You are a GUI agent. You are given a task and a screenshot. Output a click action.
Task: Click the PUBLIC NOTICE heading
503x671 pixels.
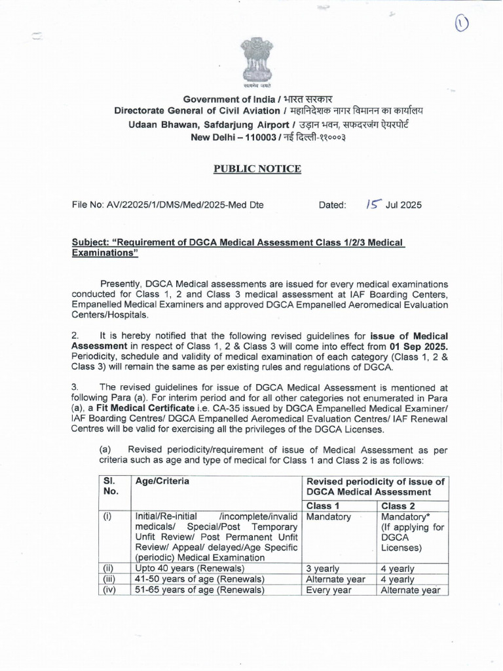click(x=258, y=169)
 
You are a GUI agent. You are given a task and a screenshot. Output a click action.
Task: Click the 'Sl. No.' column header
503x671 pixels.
click(x=111, y=486)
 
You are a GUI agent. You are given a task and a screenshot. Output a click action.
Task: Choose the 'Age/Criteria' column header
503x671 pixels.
click(x=162, y=481)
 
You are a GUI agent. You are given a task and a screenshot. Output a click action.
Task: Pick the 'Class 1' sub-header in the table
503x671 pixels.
click(x=322, y=505)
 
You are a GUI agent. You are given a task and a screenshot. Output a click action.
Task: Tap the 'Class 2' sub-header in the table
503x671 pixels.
click(x=398, y=505)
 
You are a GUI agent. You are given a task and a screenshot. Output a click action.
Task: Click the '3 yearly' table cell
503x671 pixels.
click(x=323, y=569)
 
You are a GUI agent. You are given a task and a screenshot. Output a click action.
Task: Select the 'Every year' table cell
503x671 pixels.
click(x=329, y=590)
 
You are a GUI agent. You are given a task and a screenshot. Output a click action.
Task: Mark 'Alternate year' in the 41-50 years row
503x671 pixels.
click(x=335, y=579)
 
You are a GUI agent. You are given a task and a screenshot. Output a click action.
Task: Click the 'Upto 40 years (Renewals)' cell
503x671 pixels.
click(x=190, y=569)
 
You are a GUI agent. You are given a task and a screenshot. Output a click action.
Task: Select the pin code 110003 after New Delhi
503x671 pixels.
click(x=243, y=138)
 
